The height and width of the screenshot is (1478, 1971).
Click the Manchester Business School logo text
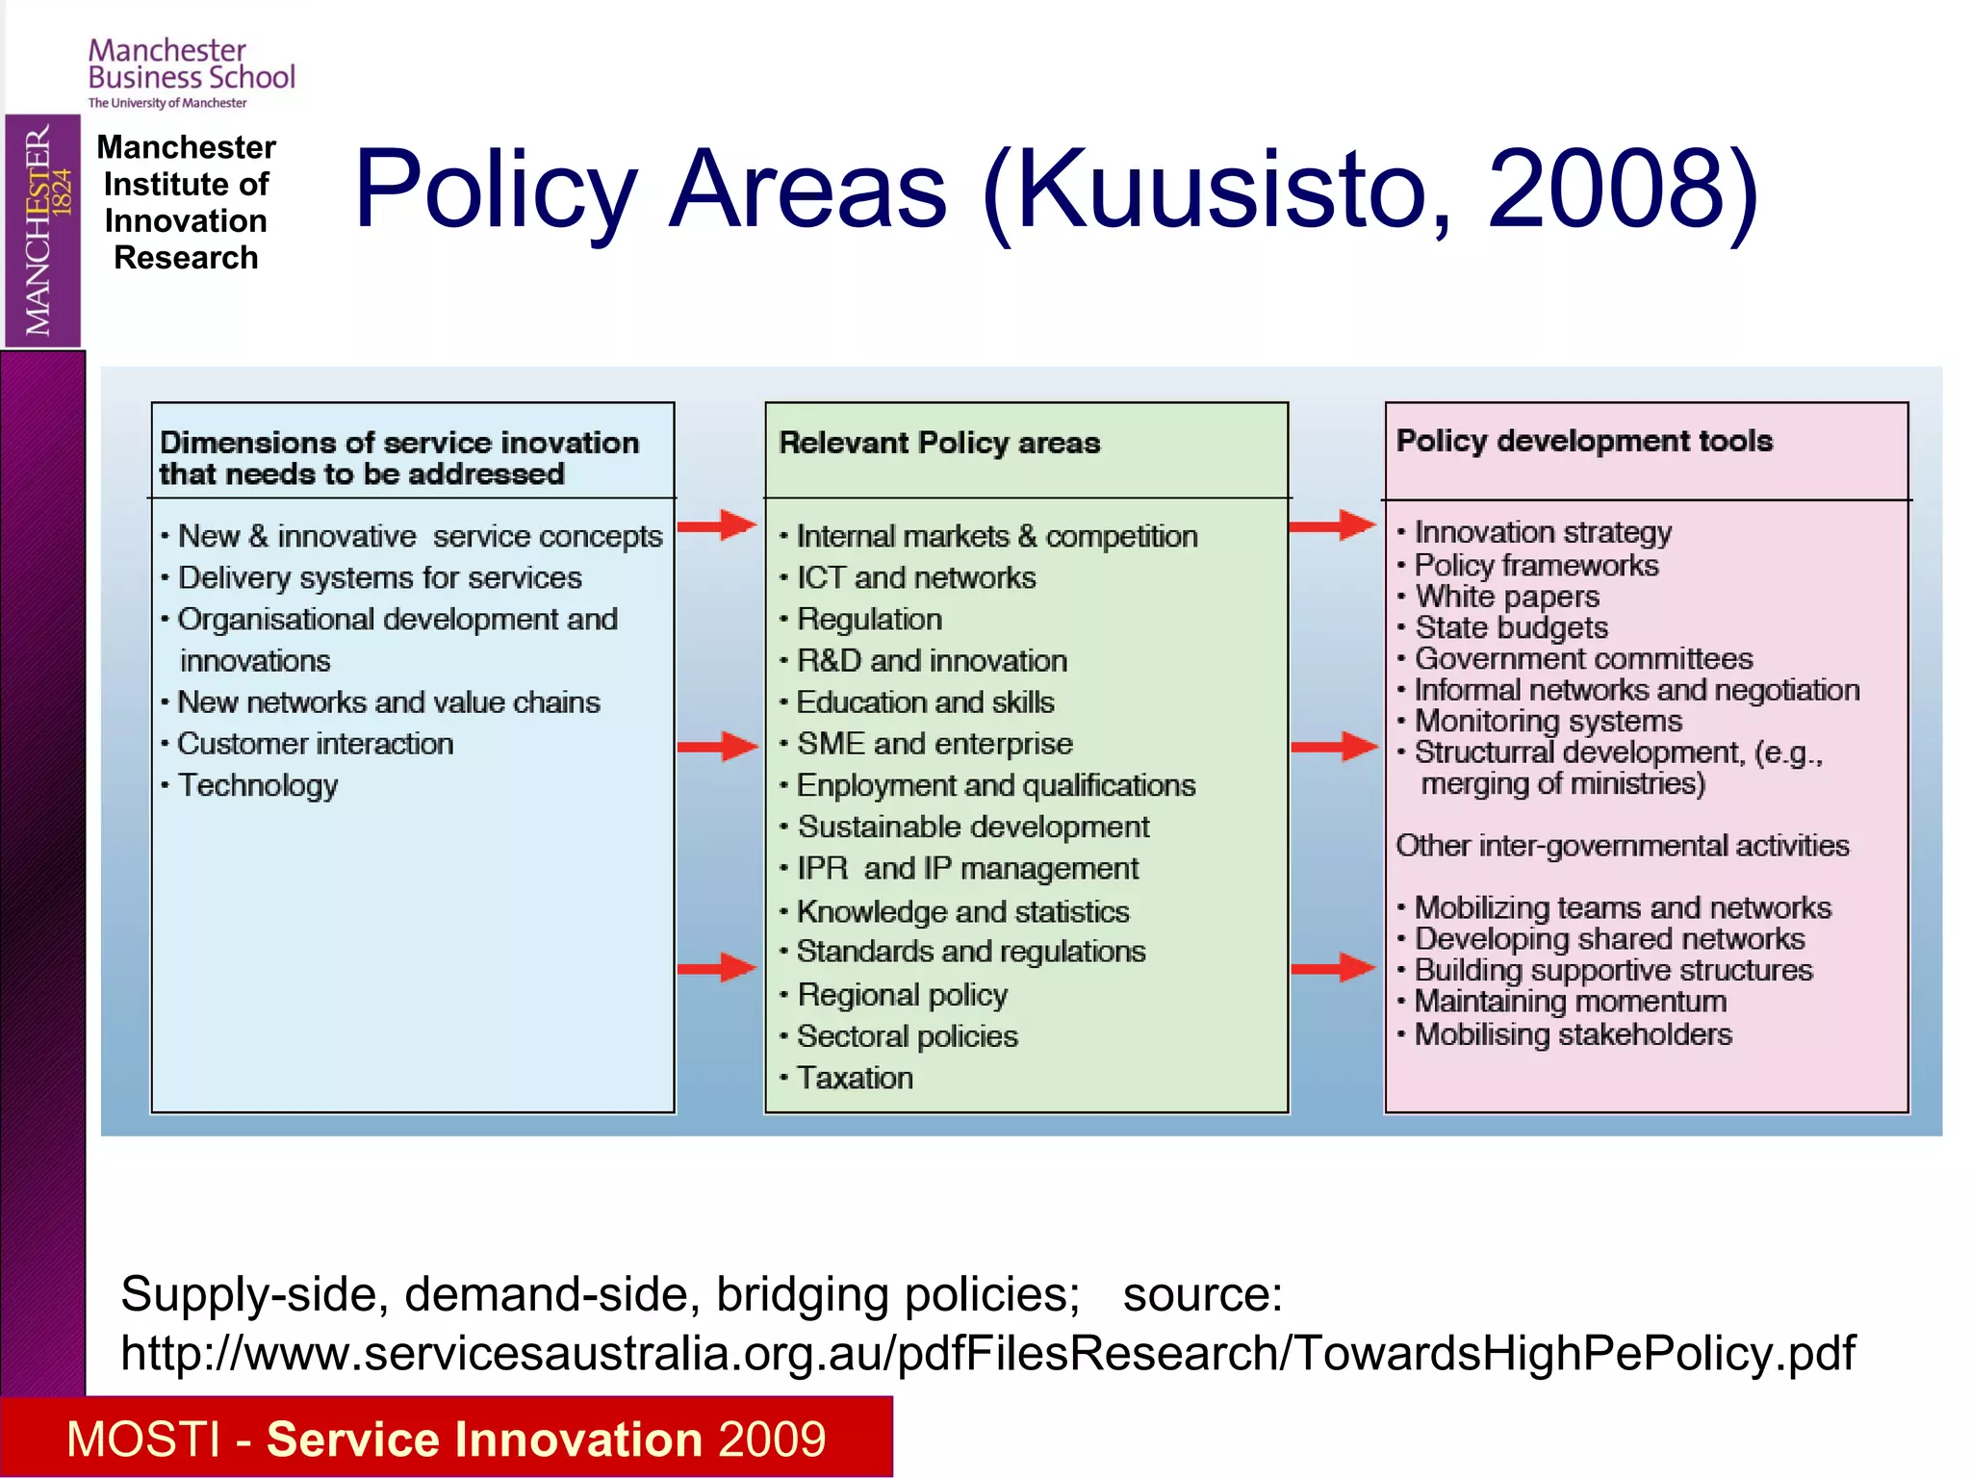tap(191, 65)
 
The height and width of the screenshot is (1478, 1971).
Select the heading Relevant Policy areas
tap(938, 443)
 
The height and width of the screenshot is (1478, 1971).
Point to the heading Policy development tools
tap(1584, 441)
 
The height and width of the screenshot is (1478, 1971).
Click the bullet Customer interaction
tap(315, 744)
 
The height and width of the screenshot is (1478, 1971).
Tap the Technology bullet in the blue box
tap(258, 785)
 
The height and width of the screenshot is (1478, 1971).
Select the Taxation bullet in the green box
tap(855, 1078)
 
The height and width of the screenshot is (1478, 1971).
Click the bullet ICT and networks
tap(915, 577)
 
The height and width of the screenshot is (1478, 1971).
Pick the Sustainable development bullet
tap(973, 827)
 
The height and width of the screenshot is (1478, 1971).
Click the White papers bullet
tap(1507, 597)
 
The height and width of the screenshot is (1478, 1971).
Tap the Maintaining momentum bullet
tap(1571, 1002)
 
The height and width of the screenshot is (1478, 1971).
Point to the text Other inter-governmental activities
tap(1623, 846)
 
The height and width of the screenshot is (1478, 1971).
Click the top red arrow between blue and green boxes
tap(717, 525)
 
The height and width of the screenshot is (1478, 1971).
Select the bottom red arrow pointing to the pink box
tap(1333, 967)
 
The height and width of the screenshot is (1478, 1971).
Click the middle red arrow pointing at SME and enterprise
tap(717, 746)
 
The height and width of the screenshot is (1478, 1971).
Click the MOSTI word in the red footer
tap(143, 1440)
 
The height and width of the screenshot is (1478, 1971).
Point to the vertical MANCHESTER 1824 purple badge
tap(42, 231)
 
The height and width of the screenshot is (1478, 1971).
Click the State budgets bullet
tap(1511, 627)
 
